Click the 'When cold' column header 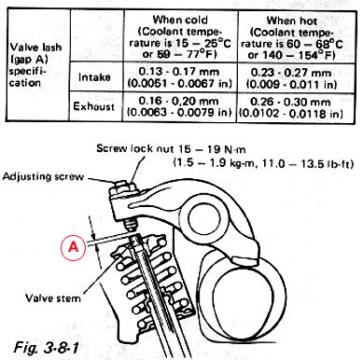point(180,20)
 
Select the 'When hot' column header point(292,21)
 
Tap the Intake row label point(94,76)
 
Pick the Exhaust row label point(94,106)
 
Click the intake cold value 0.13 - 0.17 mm point(179,72)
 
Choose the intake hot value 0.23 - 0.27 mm point(291,73)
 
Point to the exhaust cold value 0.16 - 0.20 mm point(178,101)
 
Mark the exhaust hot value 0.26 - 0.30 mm point(290,102)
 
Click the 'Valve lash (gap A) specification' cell point(35,65)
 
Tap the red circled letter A point(73,247)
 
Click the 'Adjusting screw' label point(43,176)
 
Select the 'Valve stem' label point(53,298)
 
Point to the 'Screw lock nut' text point(134,148)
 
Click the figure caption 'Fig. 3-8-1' point(46,347)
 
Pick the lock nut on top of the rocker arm point(123,189)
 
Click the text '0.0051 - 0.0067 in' point(180,83)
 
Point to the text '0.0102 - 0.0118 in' point(291,114)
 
